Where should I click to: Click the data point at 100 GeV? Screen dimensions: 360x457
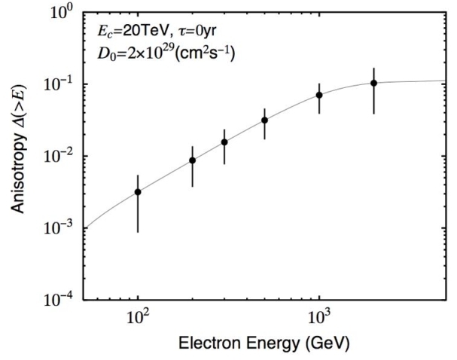(138, 192)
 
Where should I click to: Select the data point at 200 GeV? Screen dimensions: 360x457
(193, 160)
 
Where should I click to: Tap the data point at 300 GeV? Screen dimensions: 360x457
(224, 142)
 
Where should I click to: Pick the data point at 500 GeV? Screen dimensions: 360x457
(265, 120)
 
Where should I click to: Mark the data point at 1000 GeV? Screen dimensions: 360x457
(319, 95)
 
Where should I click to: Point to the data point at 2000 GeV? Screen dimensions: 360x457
(374, 83)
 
